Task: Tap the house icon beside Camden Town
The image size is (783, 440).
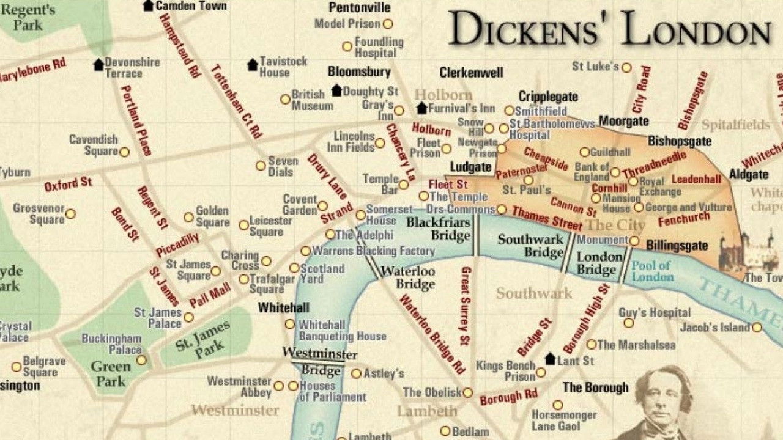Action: pyautogui.click(x=148, y=5)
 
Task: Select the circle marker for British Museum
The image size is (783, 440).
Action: pyautogui.click(x=285, y=99)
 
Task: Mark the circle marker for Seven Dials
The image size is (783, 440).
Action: pyautogui.click(x=261, y=166)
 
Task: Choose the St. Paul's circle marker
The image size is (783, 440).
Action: pyautogui.click(x=529, y=180)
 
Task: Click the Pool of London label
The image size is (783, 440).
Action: pyautogui.click(x=652, y=271)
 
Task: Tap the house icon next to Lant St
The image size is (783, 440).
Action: pyautogui.click(x=551, y=359)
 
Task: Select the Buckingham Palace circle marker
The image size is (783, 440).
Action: pyautogui.click(x=141, y=360)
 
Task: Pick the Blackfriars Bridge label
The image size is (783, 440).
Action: pyautogui.click(x=439, y=228)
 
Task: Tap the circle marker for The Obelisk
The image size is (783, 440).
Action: pyautogui.click(x=468, y=392)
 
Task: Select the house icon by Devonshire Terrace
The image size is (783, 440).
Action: pyautogui.click(x=98, y=64)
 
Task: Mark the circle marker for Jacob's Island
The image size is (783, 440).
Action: pyautogui.click(x=757, y=328)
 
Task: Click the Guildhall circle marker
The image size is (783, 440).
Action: pyautogui.click(x=585, y=152)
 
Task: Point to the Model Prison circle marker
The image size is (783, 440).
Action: pyautogui.click(x=387, y=24)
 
